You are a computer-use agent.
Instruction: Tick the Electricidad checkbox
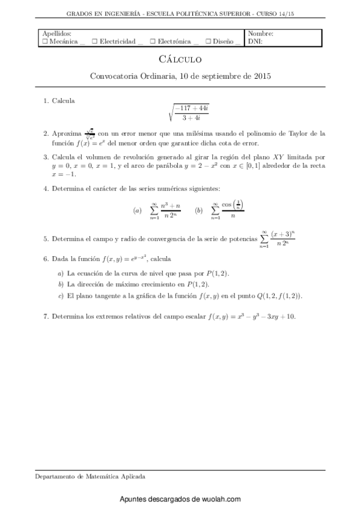click(x=95, y=42)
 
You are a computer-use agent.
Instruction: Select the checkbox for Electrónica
click(x=153, y=42)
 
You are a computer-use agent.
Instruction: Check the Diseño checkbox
click(x=207, y=42)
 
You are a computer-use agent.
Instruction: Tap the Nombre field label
click(x=261, y=34)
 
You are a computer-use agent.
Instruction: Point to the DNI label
click(x=255, y=42)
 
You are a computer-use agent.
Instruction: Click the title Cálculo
click(x=180, y=60)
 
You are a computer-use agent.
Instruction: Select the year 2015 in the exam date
click(x=261, y=76)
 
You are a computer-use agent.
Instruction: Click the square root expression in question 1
click(x=180, y=112)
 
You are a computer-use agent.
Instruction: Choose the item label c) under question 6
click(x=60, y=296)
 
